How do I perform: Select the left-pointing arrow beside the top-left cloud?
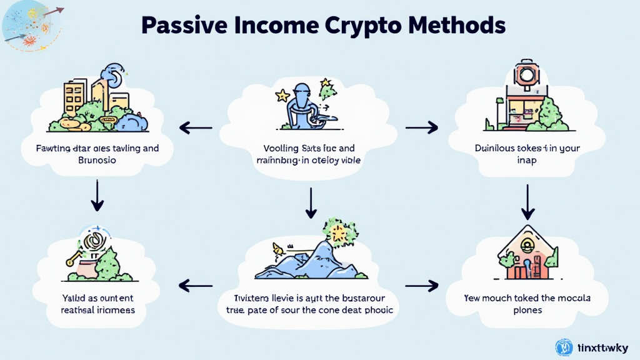[195, 128]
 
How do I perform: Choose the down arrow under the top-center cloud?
[310, 202]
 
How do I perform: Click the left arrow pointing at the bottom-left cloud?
[195, 286]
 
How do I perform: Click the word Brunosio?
[96, 160]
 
